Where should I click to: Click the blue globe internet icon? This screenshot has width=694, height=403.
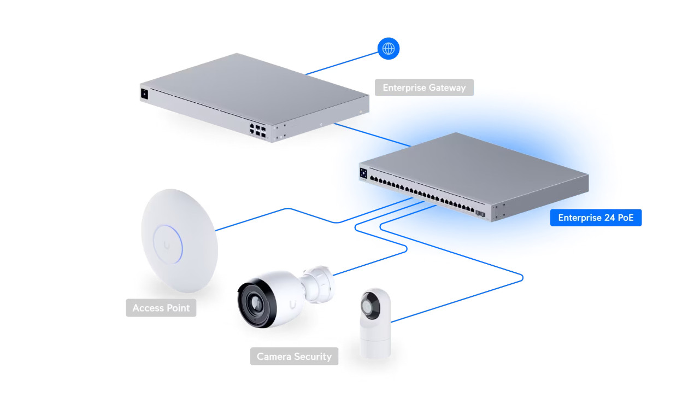point(389,49)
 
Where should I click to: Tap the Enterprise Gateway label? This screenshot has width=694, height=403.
point(424,87)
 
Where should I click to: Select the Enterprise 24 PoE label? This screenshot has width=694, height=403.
point(596,218)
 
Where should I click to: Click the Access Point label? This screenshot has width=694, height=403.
point(161,308)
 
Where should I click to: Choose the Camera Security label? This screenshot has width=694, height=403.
point(294,357)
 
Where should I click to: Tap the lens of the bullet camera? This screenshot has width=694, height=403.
point(255,303)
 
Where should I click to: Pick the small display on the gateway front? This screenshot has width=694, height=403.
point(144,94)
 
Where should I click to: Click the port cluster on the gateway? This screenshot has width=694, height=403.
point(257,129)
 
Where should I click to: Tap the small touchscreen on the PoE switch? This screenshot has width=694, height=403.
point(363,173)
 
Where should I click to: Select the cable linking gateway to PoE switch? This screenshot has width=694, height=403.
point(372,135)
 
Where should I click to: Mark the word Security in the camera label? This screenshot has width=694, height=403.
point(313,357)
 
